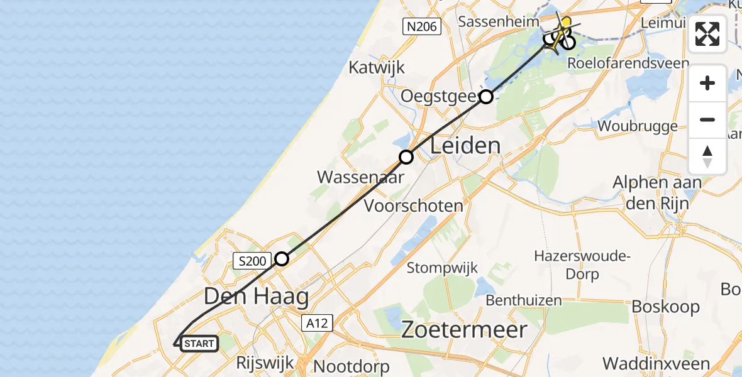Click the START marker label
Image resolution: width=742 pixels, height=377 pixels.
200,344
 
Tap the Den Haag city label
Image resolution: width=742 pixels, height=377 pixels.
257,297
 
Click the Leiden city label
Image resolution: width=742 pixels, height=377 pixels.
465,146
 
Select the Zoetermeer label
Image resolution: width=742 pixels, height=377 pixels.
465,329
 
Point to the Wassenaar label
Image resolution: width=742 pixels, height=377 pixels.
360,177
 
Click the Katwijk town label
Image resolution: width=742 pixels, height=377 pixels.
377,67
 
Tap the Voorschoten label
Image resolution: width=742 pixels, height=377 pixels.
414,205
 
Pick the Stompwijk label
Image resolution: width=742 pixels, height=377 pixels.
442,268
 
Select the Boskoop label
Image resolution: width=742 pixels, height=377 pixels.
665,307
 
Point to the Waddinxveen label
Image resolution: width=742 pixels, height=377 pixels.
656,363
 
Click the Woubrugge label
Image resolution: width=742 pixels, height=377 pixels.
638,126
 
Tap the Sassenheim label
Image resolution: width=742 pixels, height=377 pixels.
497,22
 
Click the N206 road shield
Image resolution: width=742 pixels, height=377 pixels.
421,26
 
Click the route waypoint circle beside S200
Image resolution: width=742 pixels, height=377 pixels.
282,259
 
